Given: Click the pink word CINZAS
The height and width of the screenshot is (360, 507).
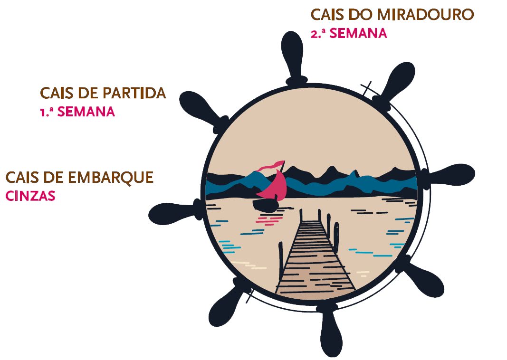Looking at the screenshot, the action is (30, 196).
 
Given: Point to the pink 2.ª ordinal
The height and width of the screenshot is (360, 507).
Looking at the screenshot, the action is (317, 34).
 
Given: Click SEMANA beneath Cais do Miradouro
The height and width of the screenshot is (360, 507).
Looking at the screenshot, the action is (358, 34).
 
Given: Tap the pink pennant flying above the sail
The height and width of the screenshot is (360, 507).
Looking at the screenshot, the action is (269, 167).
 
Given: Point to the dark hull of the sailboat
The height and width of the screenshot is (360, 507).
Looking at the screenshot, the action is (265, 205).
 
